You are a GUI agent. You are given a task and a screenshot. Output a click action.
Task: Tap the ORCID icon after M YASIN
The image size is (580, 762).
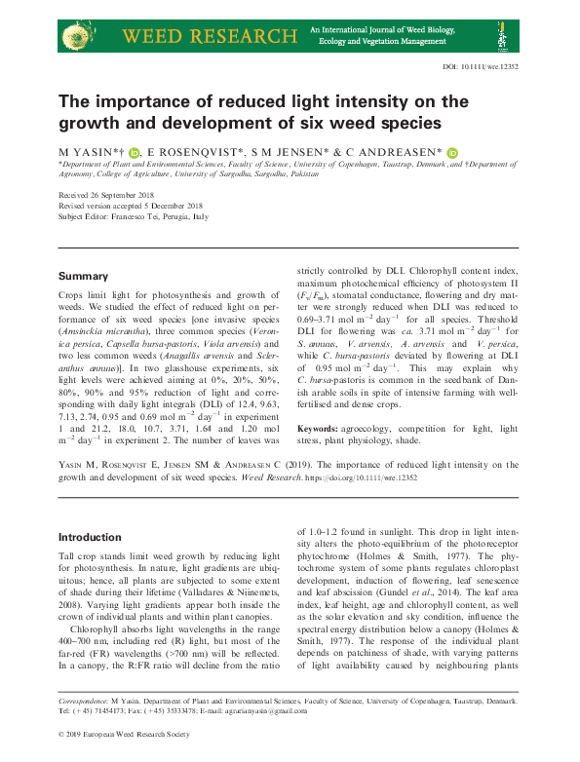135,151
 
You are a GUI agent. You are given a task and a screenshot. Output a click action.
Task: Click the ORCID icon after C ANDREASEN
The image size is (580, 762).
452,151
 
